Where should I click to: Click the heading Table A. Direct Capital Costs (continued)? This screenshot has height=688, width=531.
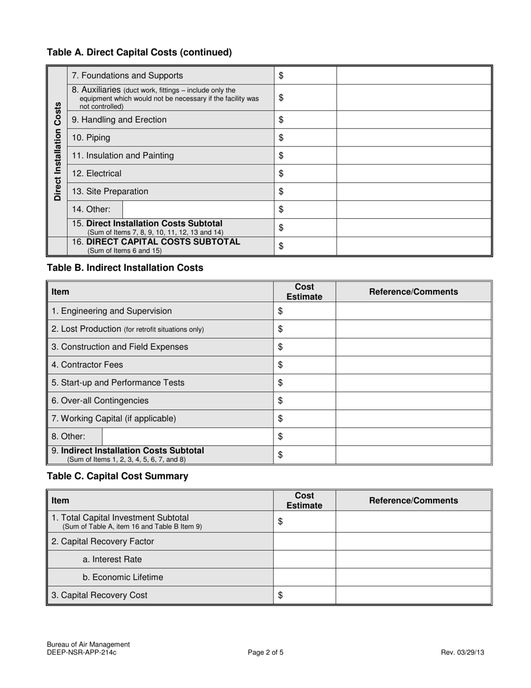click(139, 53)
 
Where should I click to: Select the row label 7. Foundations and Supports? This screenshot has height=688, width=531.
click(127, 76)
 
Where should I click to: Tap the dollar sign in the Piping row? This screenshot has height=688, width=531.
click(281, 138)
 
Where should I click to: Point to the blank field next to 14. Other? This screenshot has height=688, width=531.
click(198, 210)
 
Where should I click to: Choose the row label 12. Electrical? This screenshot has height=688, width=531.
click(97, 174)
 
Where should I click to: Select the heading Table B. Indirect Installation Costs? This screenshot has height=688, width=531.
click(125, 268)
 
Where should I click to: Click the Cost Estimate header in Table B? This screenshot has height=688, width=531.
click(305, 292)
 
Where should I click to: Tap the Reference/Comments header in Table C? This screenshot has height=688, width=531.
click(414, 501)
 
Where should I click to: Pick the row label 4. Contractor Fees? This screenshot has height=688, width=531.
click(87, 365)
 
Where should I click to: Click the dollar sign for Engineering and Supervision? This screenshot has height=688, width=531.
click(281, 311)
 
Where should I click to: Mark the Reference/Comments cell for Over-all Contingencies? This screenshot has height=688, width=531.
click(414, 400)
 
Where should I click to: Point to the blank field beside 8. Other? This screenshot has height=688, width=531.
click(187, 436)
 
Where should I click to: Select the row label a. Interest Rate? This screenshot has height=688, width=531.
click(112, 559)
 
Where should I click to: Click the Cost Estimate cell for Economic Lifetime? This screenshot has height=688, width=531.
click(305, 577)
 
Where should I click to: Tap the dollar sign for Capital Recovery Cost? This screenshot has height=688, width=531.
click(281, 596)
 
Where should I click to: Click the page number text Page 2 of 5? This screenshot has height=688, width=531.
click(265, 652)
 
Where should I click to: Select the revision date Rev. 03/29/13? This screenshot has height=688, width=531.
click(463, 652)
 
